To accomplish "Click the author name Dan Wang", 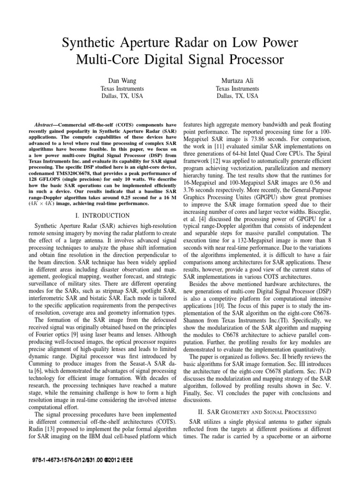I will tap(122, 81).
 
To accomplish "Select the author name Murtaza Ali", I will tap(237, 81).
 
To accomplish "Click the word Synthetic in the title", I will tap(88, 44).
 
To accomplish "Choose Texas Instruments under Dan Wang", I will tap(122, 89).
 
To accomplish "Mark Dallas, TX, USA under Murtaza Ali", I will tap(237, 96).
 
